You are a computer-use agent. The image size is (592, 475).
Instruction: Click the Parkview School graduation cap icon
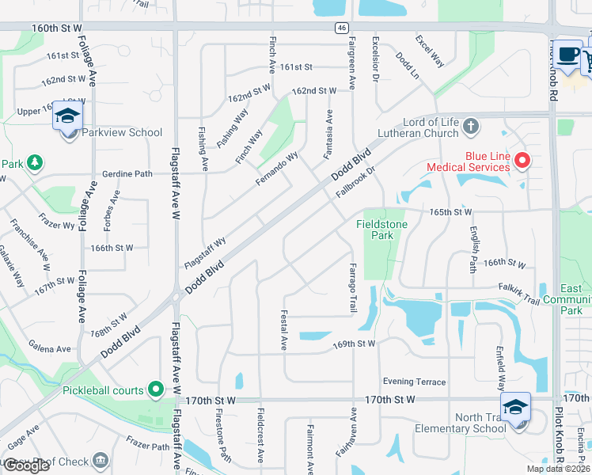click(67, 116)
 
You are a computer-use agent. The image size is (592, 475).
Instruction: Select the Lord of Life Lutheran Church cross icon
click(470, 127)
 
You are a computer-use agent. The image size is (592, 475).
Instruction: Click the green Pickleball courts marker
click(156, 389)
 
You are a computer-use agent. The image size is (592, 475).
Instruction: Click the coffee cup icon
click(567, 54)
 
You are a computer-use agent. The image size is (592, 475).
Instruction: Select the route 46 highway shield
click(340, 28)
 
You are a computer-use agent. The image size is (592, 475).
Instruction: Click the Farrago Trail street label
click(353, 286)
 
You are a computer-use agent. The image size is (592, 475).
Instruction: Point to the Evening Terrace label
click(414, 382)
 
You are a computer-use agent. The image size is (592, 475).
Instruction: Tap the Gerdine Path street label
click(127, 173)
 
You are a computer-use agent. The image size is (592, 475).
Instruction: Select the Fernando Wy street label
click(276, 169)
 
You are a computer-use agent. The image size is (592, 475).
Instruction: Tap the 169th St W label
click(353, 344)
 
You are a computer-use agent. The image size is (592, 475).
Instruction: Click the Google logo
click(26, 465)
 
